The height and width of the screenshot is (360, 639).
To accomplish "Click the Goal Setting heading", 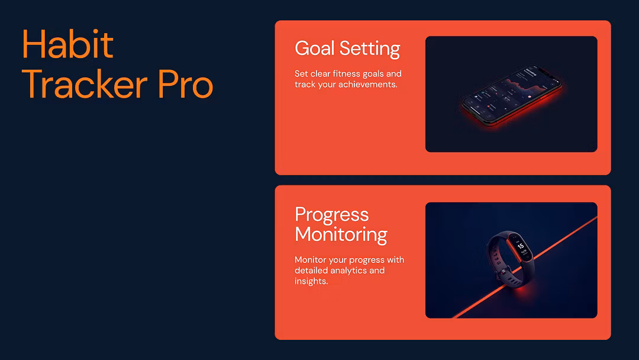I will pyautogui.click(x=347, y=48).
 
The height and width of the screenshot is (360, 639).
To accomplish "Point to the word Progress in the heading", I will pyautogui.click(x=331, y=214).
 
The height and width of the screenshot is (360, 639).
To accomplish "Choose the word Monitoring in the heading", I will pyautogui.click(x=341, y=234).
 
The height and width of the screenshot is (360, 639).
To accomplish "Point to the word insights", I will pyautogui.click(x=311, y=281).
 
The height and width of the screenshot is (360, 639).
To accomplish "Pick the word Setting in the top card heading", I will pyautogui.click(x=374, y=48).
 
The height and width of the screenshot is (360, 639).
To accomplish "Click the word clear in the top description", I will pyautogui.click(x=320, y=74).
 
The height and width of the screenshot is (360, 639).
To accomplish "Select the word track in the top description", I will pyautogui.click(x=305, y=84).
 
